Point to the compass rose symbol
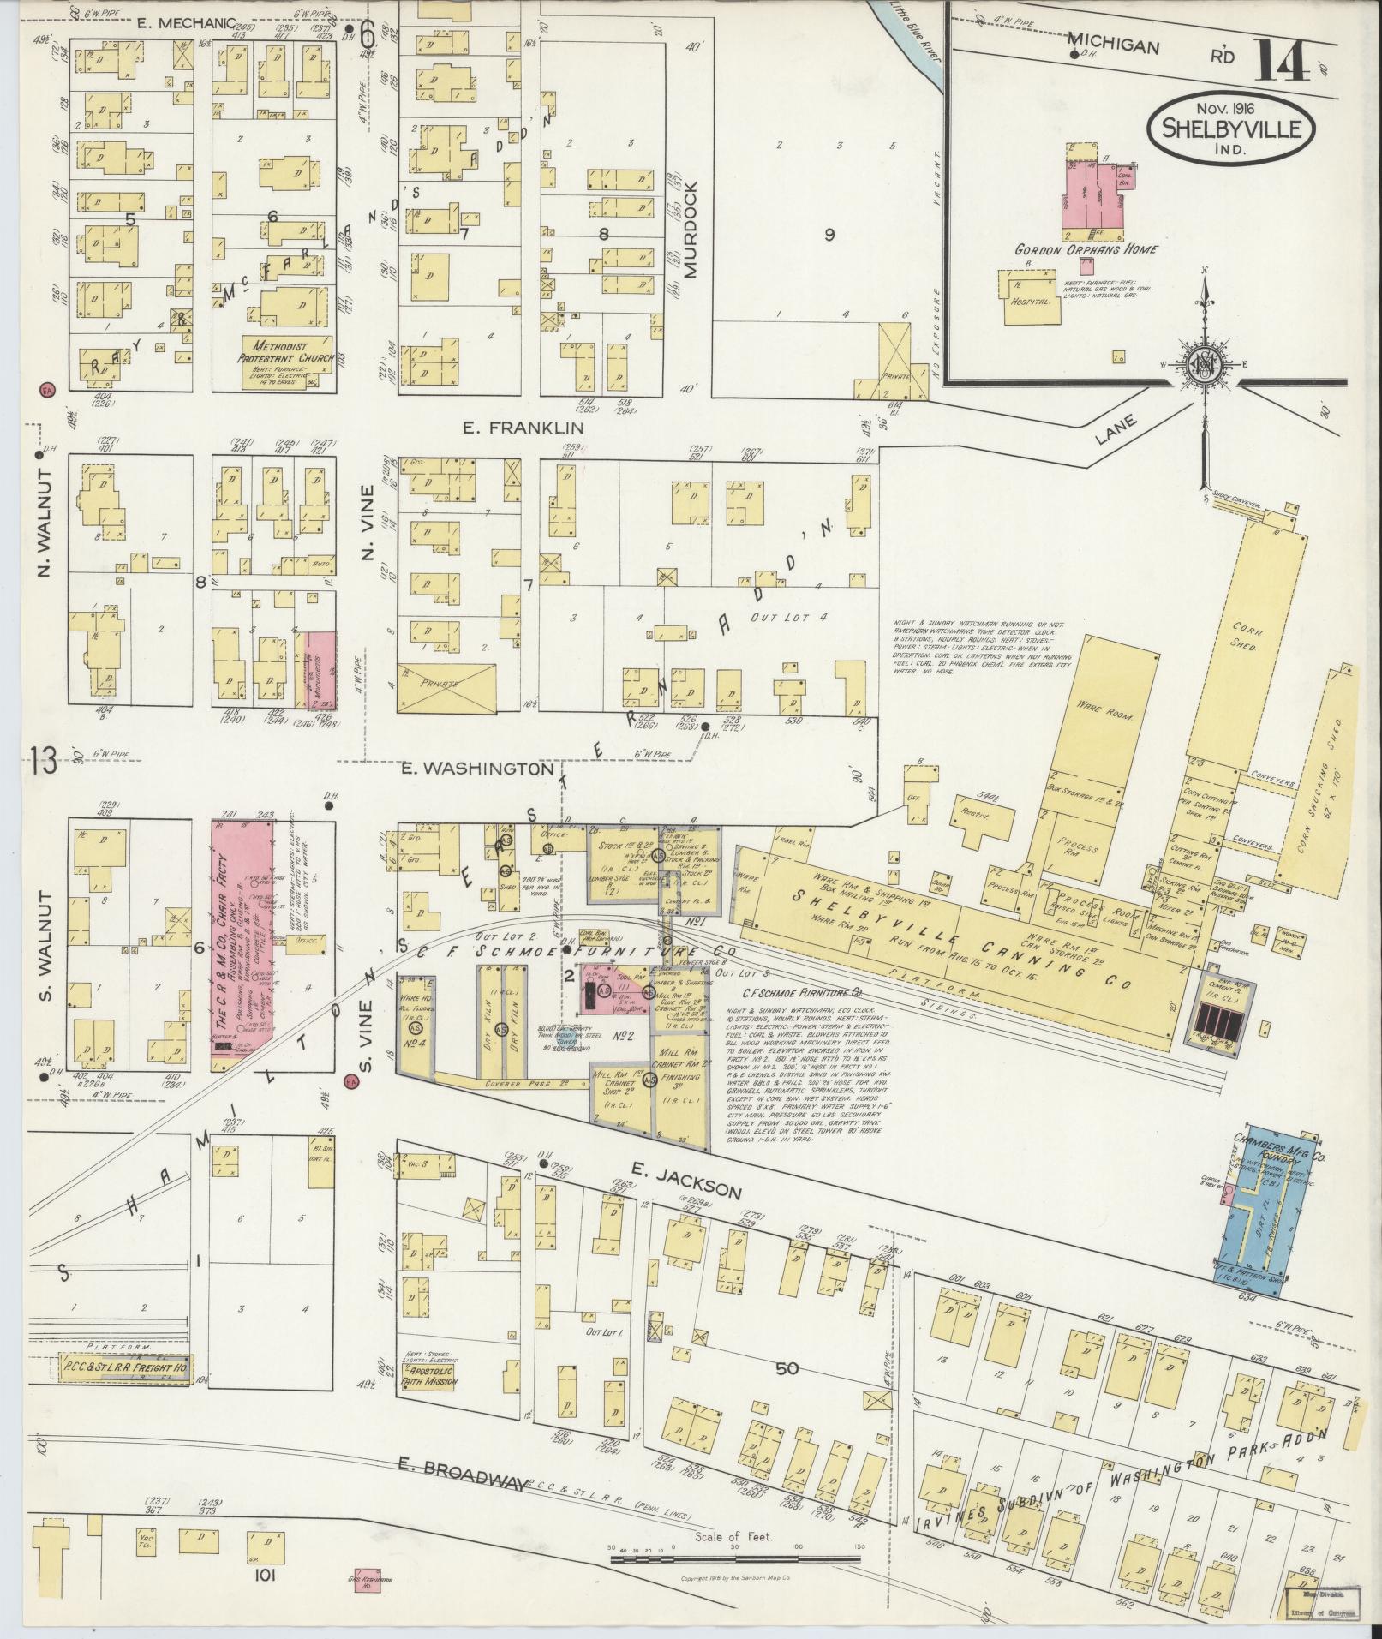pyautogui.click(x=1204, y=365)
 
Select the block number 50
pyautogui.click(x=787, y=1368)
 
